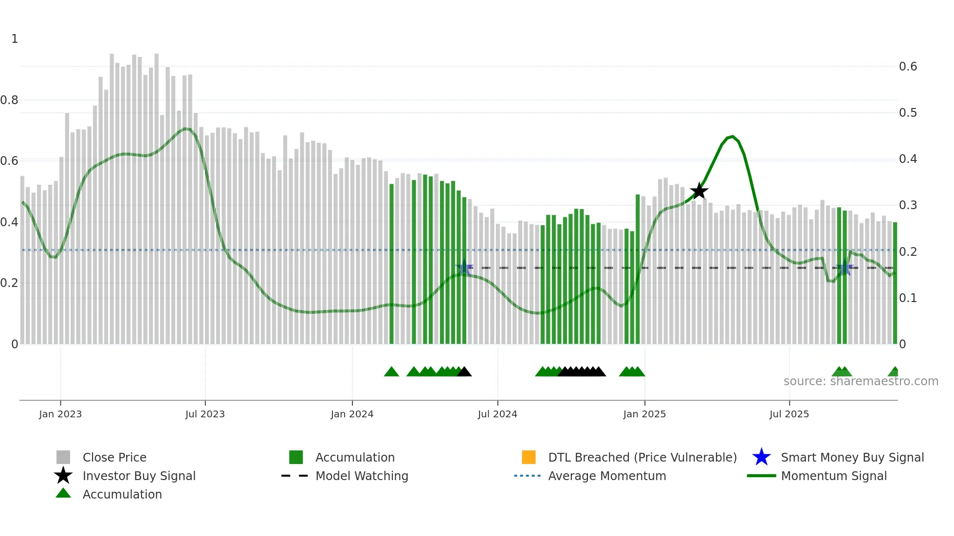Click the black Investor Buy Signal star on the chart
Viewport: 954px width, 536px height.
(699, 191)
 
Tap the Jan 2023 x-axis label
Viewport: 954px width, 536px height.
(60, 414)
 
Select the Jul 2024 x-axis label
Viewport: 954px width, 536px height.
(497, 414)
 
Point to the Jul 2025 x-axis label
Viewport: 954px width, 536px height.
(789, 414)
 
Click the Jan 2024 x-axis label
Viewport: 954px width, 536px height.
(352, 414)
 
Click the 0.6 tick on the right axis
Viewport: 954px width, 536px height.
(908, 67)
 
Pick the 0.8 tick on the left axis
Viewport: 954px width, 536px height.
(9, 100)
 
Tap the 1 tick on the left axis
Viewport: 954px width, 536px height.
(15, 39)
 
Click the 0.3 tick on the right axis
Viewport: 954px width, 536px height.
(908, 205)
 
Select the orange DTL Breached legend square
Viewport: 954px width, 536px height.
(529, 457)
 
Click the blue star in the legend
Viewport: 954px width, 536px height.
(761, 457)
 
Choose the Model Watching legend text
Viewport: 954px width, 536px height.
(362, 476)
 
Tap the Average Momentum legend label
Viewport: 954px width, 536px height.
(607, 476)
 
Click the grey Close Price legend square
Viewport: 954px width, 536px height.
(63, 457)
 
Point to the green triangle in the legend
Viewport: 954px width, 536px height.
(63, 493)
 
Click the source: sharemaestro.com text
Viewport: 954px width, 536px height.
(861, 381)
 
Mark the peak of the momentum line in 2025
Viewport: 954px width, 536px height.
(732, 137)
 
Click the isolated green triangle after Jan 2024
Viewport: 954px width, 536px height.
(391, 372)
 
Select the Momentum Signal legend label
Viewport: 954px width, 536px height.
(834, 476)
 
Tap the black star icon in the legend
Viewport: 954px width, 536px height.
(63, 476)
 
